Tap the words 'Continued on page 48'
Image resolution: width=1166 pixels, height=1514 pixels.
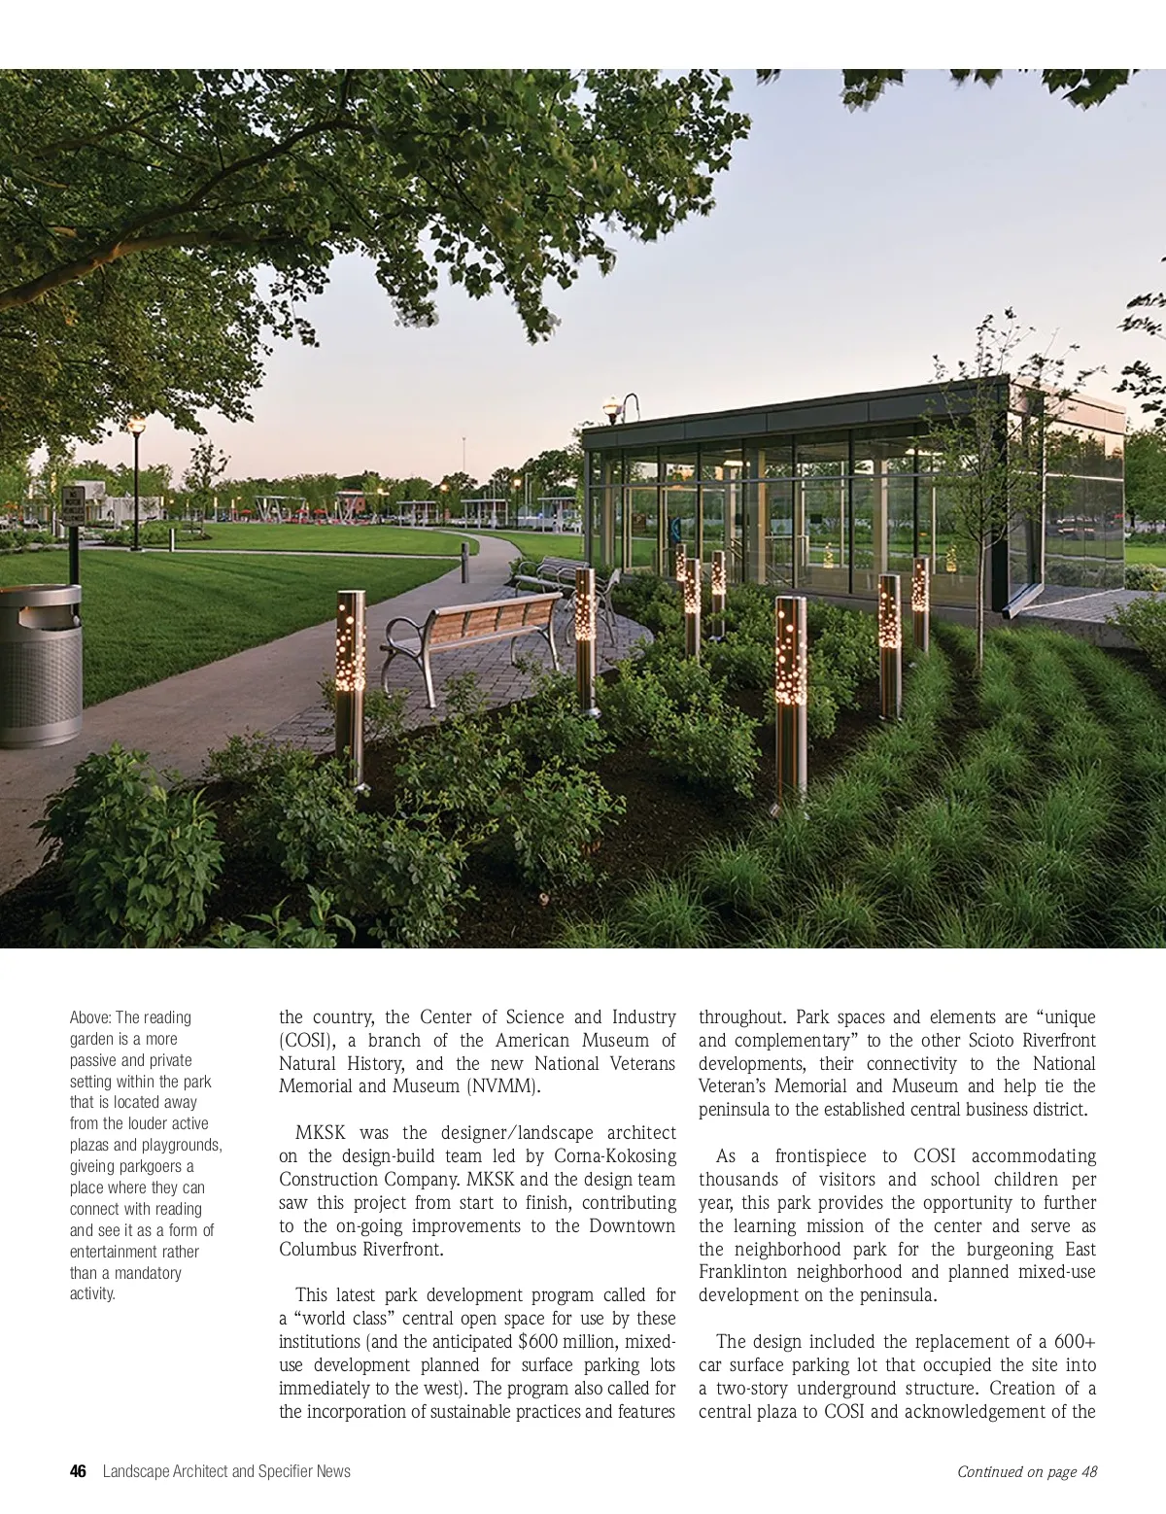(1027, 1471)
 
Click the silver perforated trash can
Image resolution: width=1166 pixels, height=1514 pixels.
(39, 666)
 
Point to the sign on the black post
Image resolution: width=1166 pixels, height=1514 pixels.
(73, 505)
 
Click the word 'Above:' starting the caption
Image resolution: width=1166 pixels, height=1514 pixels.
(91, 1017)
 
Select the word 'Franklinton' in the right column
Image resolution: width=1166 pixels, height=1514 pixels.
(746, 1272)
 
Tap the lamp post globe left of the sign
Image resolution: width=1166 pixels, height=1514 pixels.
(137, 425)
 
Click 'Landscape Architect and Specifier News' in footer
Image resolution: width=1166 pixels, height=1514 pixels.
(226, 1471)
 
